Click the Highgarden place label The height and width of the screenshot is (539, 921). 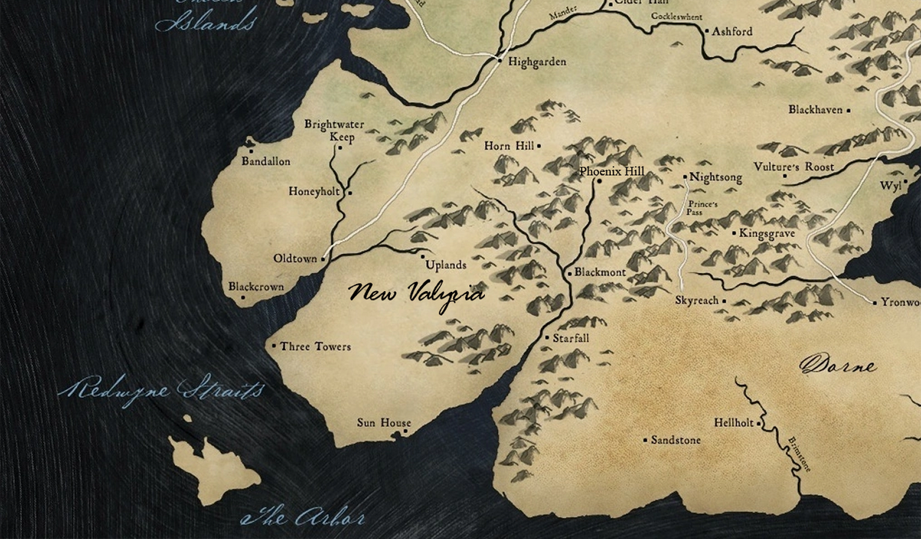(x=536, y=62)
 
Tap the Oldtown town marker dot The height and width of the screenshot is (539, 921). (x=323, y=260)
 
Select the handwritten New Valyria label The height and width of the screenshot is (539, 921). (x=416, y=295)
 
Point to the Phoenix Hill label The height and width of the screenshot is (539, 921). (x=612, y=171)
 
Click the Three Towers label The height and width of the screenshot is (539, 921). (x=315, y=347)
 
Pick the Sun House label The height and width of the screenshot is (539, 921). (x=384, y=423)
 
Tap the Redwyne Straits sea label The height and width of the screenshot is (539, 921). (x=160, y=389)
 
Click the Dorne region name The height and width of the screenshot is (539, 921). (x=838, y=365)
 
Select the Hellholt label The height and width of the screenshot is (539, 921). (x=734, y=423)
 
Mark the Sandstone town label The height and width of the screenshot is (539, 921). (x=675, y=441)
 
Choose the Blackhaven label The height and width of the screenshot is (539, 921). (x=815, y=111)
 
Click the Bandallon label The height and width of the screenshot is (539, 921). (x=266, y=162)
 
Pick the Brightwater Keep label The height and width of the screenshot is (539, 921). (x=335, y=131)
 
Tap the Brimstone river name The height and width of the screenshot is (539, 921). (x=799, y=454)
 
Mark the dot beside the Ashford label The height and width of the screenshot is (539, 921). (x=707, y=31)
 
